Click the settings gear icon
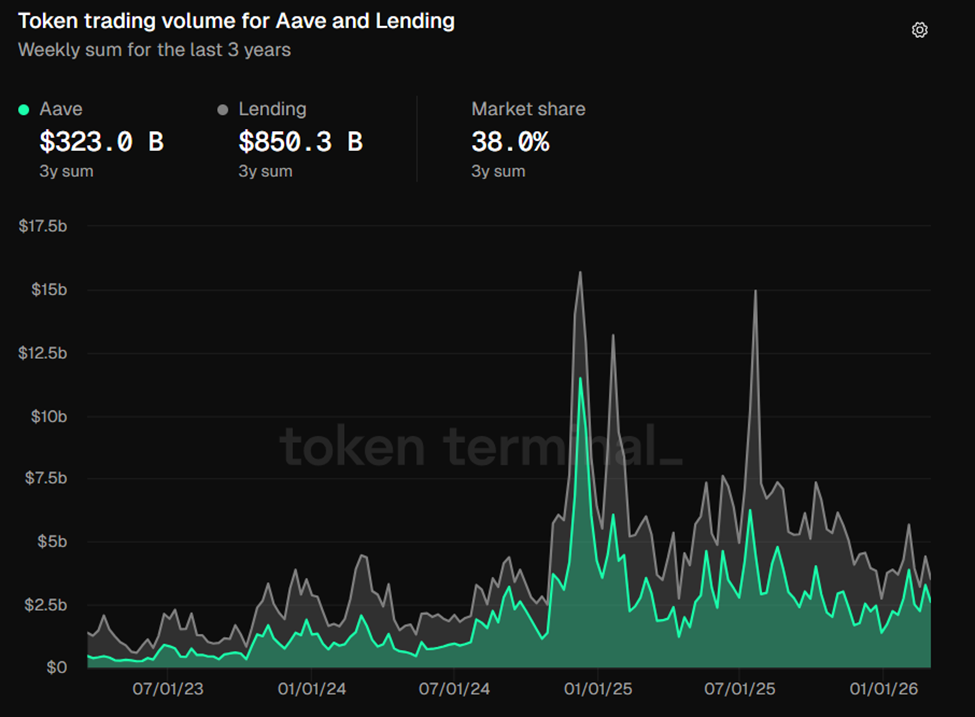point(920,30)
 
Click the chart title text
point(236,21)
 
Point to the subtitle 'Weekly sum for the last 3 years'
point(154,49)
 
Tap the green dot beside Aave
point(24,109)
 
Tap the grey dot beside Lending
point(223,109)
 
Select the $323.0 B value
point(100,142)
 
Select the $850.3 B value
point(300,142)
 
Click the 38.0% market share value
point(510,142)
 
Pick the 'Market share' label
point(528,109)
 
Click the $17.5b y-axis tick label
point(43,227)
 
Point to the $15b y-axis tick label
point(48,290)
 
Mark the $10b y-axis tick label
point(48,416)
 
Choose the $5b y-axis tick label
point(51,542)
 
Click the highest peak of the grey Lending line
point(580,272)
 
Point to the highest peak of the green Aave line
point(580,378)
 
